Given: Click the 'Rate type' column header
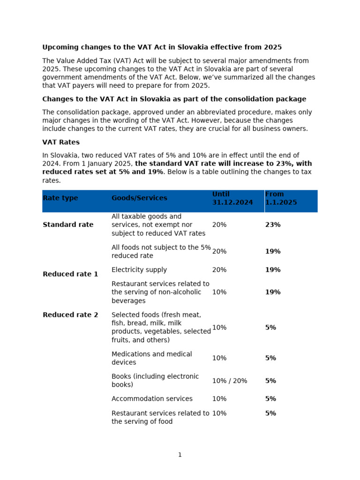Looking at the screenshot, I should [60, 198].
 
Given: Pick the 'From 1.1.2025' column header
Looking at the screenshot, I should [281, 198].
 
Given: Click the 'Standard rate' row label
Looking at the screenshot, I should [68, 225].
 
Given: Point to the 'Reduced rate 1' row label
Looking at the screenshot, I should [70, 274].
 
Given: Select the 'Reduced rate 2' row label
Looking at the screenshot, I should [70, 315].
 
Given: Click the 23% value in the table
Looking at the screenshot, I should [273, 225].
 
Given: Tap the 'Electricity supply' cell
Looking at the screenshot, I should [139, 270].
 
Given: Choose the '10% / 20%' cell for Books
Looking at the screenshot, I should [230, 381].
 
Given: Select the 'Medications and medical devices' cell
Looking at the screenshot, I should [151, 358].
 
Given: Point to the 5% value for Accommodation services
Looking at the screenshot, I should [270, 399].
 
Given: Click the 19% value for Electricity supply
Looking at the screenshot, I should [273, 270].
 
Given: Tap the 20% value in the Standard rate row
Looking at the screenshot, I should [219, 225].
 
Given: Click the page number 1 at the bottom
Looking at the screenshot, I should [180, 455].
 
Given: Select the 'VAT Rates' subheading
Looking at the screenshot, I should [61, 142].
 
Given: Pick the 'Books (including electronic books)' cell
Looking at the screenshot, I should [155, 381].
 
